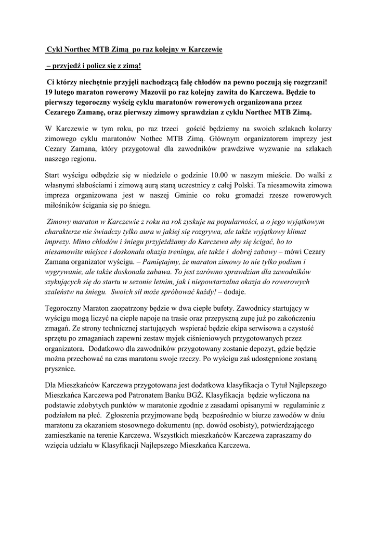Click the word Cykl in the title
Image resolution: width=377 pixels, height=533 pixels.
55,50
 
